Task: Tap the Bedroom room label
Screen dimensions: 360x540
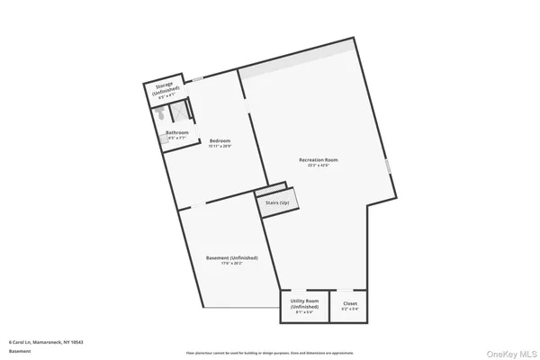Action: click(220, 141)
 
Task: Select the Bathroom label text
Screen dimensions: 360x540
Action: click(176, 133)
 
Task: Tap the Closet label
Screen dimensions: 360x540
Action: click(349, 304)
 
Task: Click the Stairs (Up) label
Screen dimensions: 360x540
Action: click(277, 203)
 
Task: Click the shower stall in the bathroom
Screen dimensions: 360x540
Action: click(179, 111)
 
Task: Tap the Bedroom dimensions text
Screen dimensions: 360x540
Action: click(220, 147)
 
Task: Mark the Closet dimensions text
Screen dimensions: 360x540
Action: click(349, 310)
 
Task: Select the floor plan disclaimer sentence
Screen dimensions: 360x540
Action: click(269, 352)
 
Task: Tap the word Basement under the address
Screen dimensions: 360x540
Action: click(19, 352)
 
